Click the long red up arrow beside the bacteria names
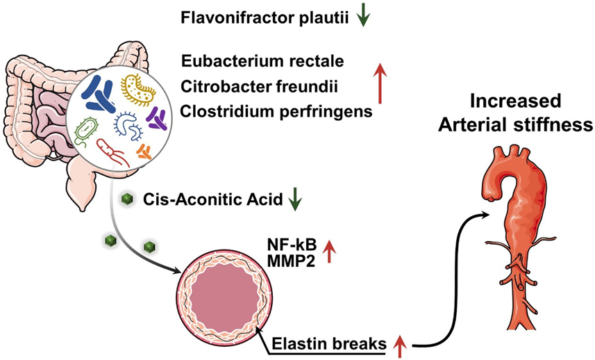pyautogui.click(x=379, y=84)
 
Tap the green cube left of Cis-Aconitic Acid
pyautogui.click(x=126, y=200)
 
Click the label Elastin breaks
pyautogui.click(x=333, y=342)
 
